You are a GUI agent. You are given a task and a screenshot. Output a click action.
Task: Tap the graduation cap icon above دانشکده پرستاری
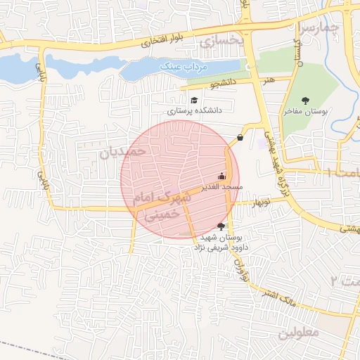coord(193,101)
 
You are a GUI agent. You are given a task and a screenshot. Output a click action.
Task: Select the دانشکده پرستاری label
coord(195,111)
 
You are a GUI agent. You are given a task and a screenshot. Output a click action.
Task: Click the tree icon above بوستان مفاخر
coord(304,101)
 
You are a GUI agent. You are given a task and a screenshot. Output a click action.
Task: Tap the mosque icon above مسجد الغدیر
coord(222,176)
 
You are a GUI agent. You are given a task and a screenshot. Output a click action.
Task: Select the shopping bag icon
coord(240,137)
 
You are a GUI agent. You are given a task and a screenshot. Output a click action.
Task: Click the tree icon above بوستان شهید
coord(222,226)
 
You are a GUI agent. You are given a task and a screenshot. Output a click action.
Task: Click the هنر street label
coord(268,81)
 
